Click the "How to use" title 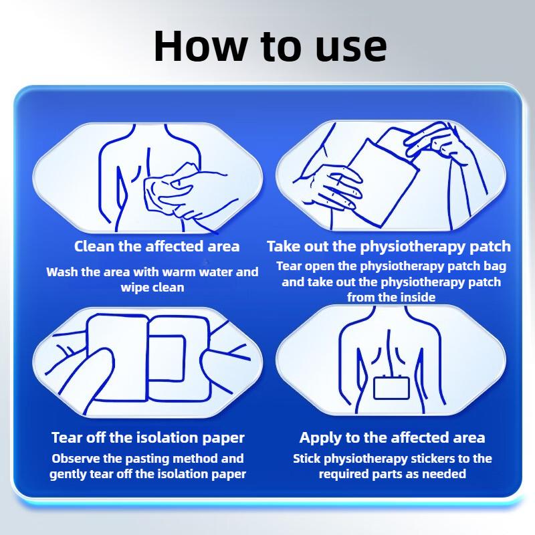coord(270,46)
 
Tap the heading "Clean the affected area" coord(156,246)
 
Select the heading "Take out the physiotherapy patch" coord(389,246)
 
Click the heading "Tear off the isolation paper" coord(148,437)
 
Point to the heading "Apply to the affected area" coord(392,437)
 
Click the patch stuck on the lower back coord(391,388)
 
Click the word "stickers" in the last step coord(432,458)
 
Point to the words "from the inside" coord(391,297)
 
